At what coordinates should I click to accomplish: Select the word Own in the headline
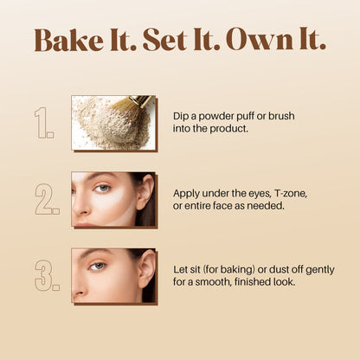click(250, 41)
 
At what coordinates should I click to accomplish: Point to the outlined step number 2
click(47, 198)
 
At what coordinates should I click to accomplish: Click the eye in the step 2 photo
click(103, 188)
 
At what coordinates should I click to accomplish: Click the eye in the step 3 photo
click(98, 267)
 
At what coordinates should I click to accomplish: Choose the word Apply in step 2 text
click(186, 193)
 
